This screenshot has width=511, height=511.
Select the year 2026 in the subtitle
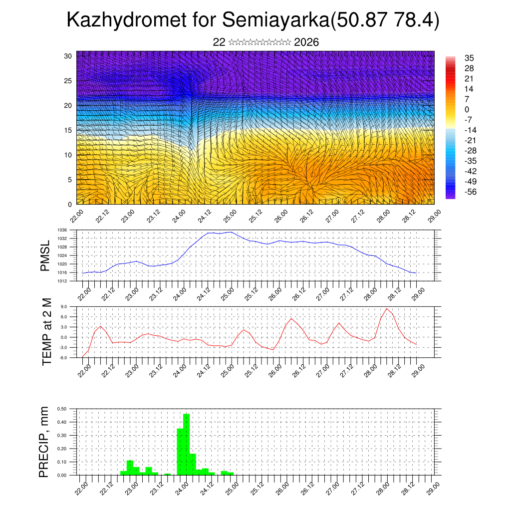point(306,42)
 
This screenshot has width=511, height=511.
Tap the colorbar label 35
point(469,58)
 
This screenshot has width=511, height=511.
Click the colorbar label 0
point(467,110)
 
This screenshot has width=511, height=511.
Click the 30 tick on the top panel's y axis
point(68,56)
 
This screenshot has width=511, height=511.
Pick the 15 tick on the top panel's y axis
point(68,130)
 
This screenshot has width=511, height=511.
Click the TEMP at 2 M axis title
point(47,331)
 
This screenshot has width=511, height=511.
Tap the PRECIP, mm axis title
point(45,442)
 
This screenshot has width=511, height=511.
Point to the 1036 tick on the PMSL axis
point(62,230)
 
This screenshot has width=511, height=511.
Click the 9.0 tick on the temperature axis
point(63,307)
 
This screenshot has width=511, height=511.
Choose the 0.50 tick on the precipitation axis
point(62,409)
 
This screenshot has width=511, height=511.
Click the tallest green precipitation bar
point(186,444)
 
